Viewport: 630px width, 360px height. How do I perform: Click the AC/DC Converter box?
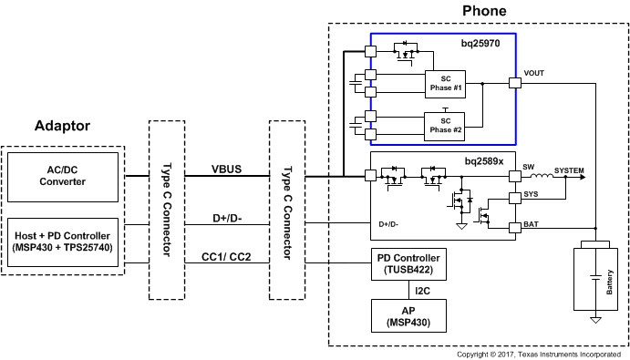coord(63,176)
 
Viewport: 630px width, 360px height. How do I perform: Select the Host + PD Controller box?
coord(63,242)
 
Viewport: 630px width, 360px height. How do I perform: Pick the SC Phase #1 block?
coord(446,83)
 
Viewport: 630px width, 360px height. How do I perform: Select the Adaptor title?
coord(62,126)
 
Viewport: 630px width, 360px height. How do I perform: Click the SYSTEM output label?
coord(570,170)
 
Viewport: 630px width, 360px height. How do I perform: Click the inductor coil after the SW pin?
coord(543,176)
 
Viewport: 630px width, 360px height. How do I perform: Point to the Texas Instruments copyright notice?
coord(542,354)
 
